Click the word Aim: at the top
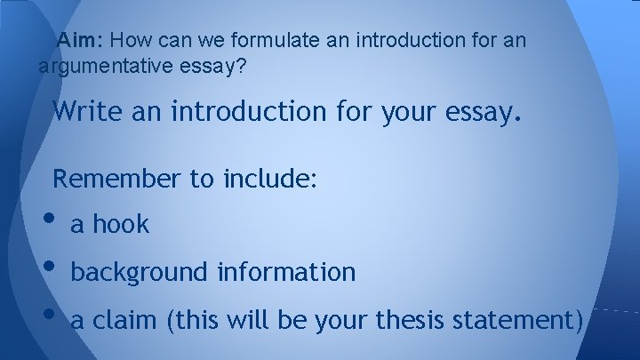click(82, 41)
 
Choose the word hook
click(124, 225)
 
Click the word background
click(138, 272)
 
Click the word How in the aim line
click(131, 41)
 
